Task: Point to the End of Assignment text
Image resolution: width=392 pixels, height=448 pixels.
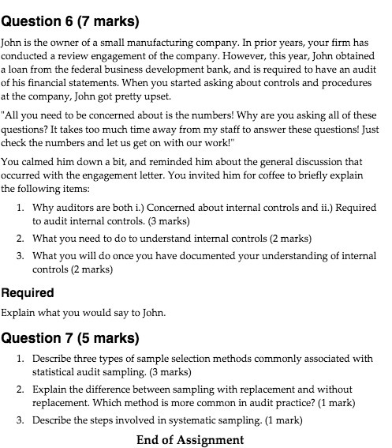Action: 189,439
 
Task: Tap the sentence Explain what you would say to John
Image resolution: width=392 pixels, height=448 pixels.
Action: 84,311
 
